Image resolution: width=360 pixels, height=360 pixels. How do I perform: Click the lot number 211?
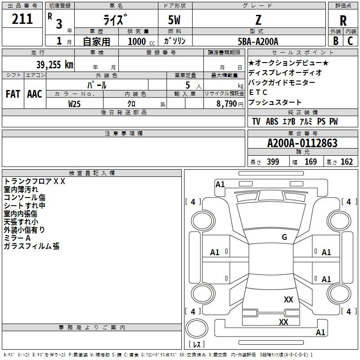[22, 19]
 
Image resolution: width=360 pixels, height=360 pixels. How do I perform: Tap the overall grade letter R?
[343, 21]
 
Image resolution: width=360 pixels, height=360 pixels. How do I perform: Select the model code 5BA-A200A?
[258, 41]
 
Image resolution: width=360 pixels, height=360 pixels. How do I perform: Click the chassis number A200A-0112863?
[302, 143]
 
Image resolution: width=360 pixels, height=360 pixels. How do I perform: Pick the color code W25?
[75, 103]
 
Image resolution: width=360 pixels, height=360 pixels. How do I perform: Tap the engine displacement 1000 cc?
[137, 41]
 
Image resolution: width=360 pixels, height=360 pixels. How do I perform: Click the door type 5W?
[175, 20]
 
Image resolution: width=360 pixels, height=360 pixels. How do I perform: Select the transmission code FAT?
[13, 94]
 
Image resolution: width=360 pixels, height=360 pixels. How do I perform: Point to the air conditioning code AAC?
[34, 94]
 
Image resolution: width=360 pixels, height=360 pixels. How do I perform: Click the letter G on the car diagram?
[284, 237]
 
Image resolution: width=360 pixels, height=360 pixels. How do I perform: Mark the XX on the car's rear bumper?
[283, 322]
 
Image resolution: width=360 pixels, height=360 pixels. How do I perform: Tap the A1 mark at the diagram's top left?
[220, 184]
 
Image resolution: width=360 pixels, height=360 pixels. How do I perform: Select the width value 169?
[310, 162]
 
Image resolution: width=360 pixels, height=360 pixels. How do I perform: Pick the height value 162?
[346, 162]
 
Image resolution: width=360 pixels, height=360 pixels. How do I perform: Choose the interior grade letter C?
[350, 41]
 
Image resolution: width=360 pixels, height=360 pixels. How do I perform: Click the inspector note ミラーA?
[17, 238]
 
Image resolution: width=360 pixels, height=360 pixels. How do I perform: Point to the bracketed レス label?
[197, 345]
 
